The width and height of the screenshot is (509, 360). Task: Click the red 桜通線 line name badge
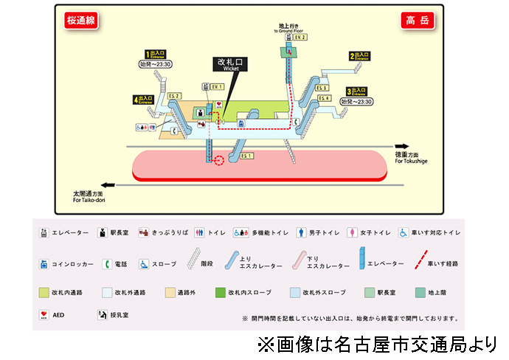80,21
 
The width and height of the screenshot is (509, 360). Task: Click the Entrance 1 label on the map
158,54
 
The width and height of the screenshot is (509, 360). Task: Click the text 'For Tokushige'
411,161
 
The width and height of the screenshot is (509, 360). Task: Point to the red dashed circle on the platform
218,160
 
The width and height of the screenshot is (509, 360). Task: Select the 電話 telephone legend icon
107,263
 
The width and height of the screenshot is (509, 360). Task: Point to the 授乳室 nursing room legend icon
102,315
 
